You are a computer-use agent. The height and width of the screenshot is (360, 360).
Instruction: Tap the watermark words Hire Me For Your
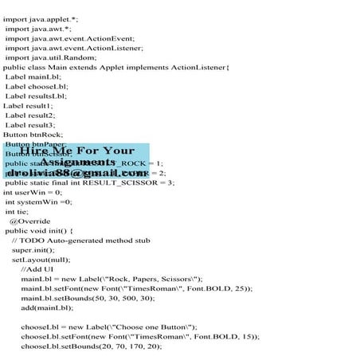(77, 150)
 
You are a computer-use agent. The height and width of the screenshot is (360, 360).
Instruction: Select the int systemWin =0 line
(39, 202)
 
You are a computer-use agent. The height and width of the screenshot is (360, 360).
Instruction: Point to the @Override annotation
(29, 221)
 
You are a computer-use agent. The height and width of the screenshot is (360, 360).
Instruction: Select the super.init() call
(34, 249)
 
